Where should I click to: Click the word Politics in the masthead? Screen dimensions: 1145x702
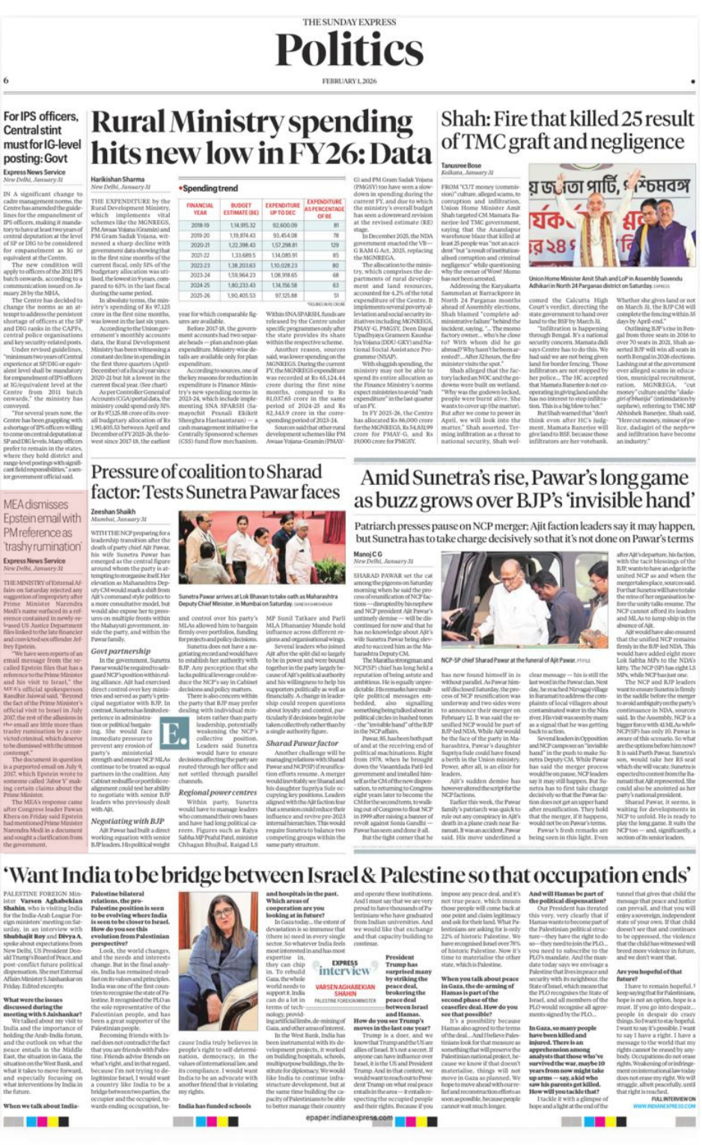[350, 50]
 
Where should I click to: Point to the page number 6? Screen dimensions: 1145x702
[6, 80]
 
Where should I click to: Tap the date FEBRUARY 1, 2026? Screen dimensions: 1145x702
[350, 81]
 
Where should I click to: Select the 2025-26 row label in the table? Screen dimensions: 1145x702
[200, 295]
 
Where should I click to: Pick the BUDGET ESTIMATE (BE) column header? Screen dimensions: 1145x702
[242, 208]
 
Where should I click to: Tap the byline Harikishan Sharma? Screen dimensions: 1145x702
[117, 180]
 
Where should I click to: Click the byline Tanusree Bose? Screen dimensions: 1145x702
[461, 165]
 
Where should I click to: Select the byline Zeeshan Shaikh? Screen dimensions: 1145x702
[113, 512]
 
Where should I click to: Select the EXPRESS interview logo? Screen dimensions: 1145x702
[344, 966]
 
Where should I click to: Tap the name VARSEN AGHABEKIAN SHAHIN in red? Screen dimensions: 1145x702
[345, 990]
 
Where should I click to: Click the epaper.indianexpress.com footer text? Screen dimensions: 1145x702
[350, 1117]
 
